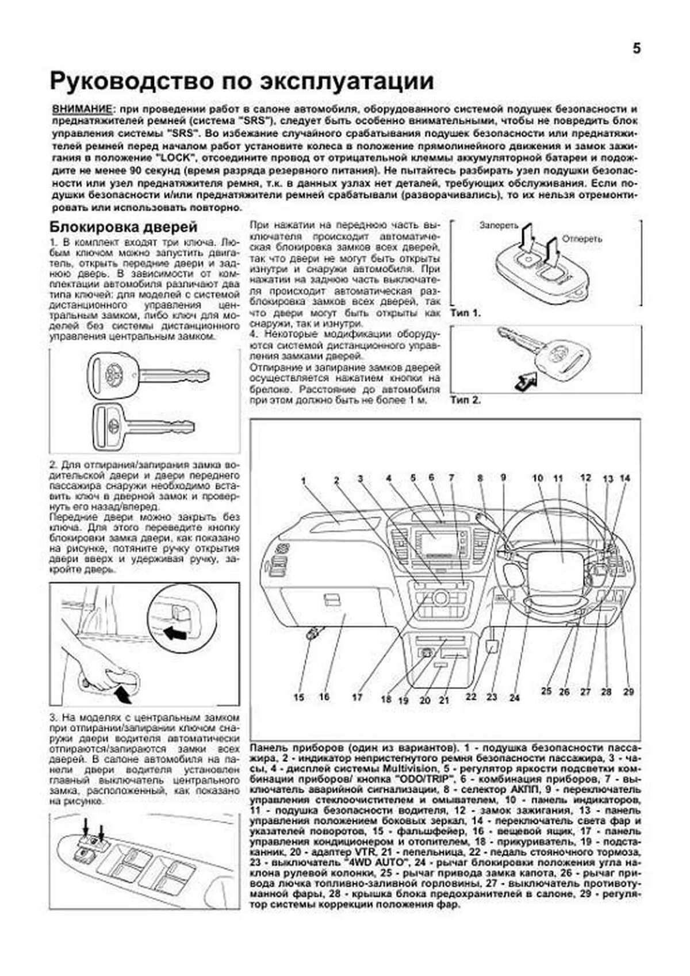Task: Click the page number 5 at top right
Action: (x=636, y=49)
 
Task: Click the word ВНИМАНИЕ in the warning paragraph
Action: (x=82, y=109)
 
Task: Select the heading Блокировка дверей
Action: (x=124, y=227)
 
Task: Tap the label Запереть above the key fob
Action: (x=499, y=226)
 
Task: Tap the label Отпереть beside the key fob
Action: (x=582, y=239)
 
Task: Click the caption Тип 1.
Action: (x=465, y=313)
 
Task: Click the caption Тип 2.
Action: (x=465, y=400)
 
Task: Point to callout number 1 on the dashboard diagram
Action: (x=303, y=481)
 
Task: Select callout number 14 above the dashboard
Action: (x=624, y=479)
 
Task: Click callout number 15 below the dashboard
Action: (x=299, y=697)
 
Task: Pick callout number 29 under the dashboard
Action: (x=628, y=692)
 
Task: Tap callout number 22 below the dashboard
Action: (x=471, y=696)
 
